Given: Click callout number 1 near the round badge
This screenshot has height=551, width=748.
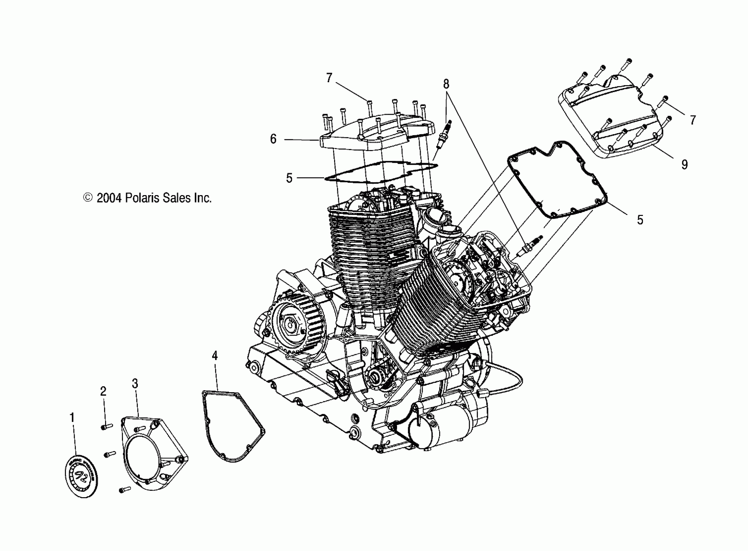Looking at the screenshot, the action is [x=72, y=417].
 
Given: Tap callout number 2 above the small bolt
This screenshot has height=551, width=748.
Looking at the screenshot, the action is [x=103, y=391].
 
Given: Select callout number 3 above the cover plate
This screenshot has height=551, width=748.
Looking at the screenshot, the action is [x=135, y=383].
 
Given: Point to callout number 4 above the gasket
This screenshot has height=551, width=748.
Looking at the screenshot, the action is [x=215, y=356].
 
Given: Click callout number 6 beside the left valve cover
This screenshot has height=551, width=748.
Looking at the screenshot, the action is [x=273, y=139].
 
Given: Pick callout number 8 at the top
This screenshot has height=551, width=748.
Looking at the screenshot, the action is [x=446, y=84].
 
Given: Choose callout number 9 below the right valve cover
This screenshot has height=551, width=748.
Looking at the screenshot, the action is [x=684, y=164].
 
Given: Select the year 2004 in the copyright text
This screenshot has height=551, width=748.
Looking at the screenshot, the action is [x=109, y=198].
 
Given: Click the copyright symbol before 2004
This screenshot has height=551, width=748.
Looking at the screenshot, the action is [x=88, y=198].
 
